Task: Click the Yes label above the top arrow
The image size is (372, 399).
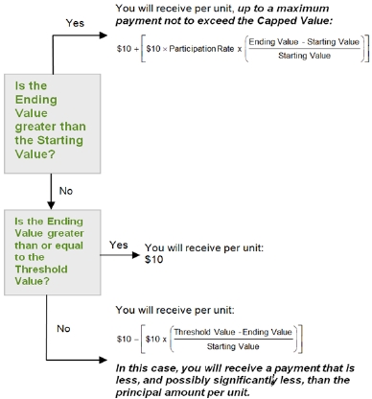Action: pos(75,23)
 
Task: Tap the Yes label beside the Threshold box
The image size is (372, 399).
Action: pos(119,245)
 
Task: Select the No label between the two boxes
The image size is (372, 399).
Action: pos(66,191)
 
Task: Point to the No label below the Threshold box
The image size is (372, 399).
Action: pos(63,328)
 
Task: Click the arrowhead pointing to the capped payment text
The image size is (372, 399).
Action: pos(104,35)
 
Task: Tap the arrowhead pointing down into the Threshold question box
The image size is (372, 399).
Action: pos(51,205)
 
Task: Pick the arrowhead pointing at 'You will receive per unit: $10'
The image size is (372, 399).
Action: pos(136,255)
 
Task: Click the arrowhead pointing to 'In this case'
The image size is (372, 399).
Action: pos(104,360)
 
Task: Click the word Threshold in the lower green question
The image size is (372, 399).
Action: pos(41,270)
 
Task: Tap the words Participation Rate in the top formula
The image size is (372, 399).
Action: pos(201,49)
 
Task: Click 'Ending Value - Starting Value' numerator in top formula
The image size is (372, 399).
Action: pos(304,42)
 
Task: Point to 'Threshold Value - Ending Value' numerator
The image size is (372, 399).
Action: pos(233,332)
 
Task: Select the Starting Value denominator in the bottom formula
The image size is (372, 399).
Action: pos(233,346)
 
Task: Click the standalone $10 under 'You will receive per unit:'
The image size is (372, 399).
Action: pos(153,259)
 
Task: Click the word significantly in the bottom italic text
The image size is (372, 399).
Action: pos(245,381)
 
